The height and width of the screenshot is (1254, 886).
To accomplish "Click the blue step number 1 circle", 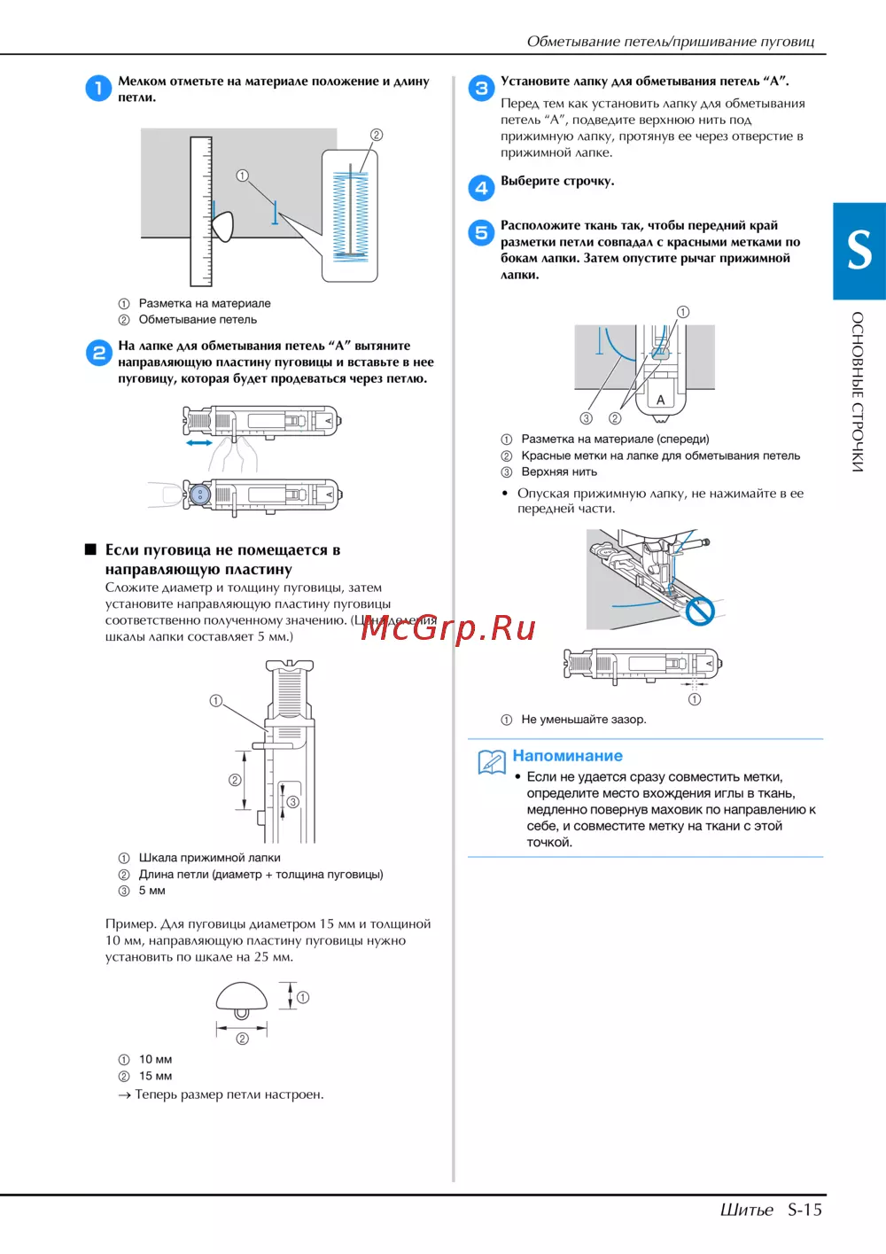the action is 98,89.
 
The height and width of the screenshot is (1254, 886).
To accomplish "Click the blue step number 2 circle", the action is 98,354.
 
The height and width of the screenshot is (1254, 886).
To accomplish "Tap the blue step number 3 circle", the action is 481,89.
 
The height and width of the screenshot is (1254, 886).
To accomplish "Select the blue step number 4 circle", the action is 481,188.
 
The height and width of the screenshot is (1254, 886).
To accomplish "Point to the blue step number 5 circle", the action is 481,232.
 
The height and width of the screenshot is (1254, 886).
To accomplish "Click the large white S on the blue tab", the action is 859,250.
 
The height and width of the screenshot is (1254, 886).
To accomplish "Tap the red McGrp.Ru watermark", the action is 447,627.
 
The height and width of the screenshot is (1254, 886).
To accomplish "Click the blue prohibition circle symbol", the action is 700,611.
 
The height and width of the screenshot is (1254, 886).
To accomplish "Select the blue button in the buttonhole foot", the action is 200,495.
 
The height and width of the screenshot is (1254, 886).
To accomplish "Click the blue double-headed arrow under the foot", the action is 199,443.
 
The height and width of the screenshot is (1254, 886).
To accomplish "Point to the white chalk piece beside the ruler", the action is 222,226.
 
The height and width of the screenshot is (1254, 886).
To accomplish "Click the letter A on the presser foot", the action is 660,400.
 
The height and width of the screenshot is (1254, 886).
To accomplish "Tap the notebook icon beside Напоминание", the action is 492,762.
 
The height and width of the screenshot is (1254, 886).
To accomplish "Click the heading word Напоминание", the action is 568,756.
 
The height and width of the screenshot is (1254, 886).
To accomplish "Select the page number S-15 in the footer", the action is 804,1210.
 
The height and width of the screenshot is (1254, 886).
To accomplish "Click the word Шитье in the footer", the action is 747,1210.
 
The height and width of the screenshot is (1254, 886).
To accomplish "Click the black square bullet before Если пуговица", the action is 90,549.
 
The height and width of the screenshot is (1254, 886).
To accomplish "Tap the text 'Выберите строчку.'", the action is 557,182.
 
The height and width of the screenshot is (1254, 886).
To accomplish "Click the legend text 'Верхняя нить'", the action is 559,472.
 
